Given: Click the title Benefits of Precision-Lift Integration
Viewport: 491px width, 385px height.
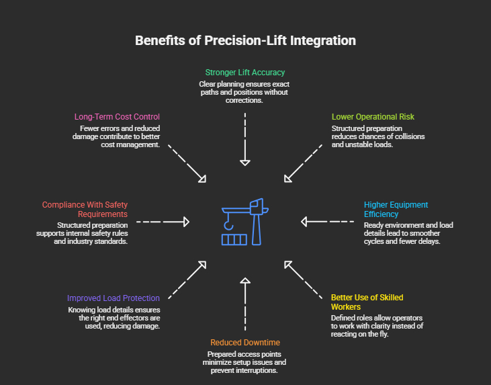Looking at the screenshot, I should tap(245, 40).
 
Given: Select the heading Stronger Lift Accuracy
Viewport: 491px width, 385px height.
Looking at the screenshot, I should tap(244, 73).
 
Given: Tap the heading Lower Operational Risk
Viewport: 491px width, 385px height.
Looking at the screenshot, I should tap(373, 117).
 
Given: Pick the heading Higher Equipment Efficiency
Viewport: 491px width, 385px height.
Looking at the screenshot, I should tap(396, 209).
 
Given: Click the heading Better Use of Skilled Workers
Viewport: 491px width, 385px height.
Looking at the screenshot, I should tap(367, 302).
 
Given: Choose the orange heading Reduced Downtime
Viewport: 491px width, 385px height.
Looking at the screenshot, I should tap(244, 342).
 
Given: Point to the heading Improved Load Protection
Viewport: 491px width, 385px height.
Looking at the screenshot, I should tap(114, 298).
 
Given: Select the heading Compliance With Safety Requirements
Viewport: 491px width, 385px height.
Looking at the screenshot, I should tap(85, 209).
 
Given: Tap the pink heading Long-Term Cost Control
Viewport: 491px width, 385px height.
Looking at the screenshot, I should tap(117, 117).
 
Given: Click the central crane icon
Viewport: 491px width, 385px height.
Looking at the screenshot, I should tap(244, 222).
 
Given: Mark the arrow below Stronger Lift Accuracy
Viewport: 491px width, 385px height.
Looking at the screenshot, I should tap(245, 138).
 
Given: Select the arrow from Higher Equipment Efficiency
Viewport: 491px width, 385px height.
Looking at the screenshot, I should tap(327, 221).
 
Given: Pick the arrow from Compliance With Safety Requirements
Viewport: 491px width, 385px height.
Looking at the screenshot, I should tap(163, 221).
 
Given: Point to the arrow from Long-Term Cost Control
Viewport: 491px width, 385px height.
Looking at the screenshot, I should tap(187, 163).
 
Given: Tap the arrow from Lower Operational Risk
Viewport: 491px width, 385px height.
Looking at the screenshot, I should tap(303, 163).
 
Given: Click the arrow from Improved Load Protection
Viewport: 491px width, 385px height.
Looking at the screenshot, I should tap(187, 280).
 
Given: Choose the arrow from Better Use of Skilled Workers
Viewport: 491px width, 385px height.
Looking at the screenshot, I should tap(303, 280).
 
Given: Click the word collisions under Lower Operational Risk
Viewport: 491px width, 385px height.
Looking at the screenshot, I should tap(406, 136).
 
